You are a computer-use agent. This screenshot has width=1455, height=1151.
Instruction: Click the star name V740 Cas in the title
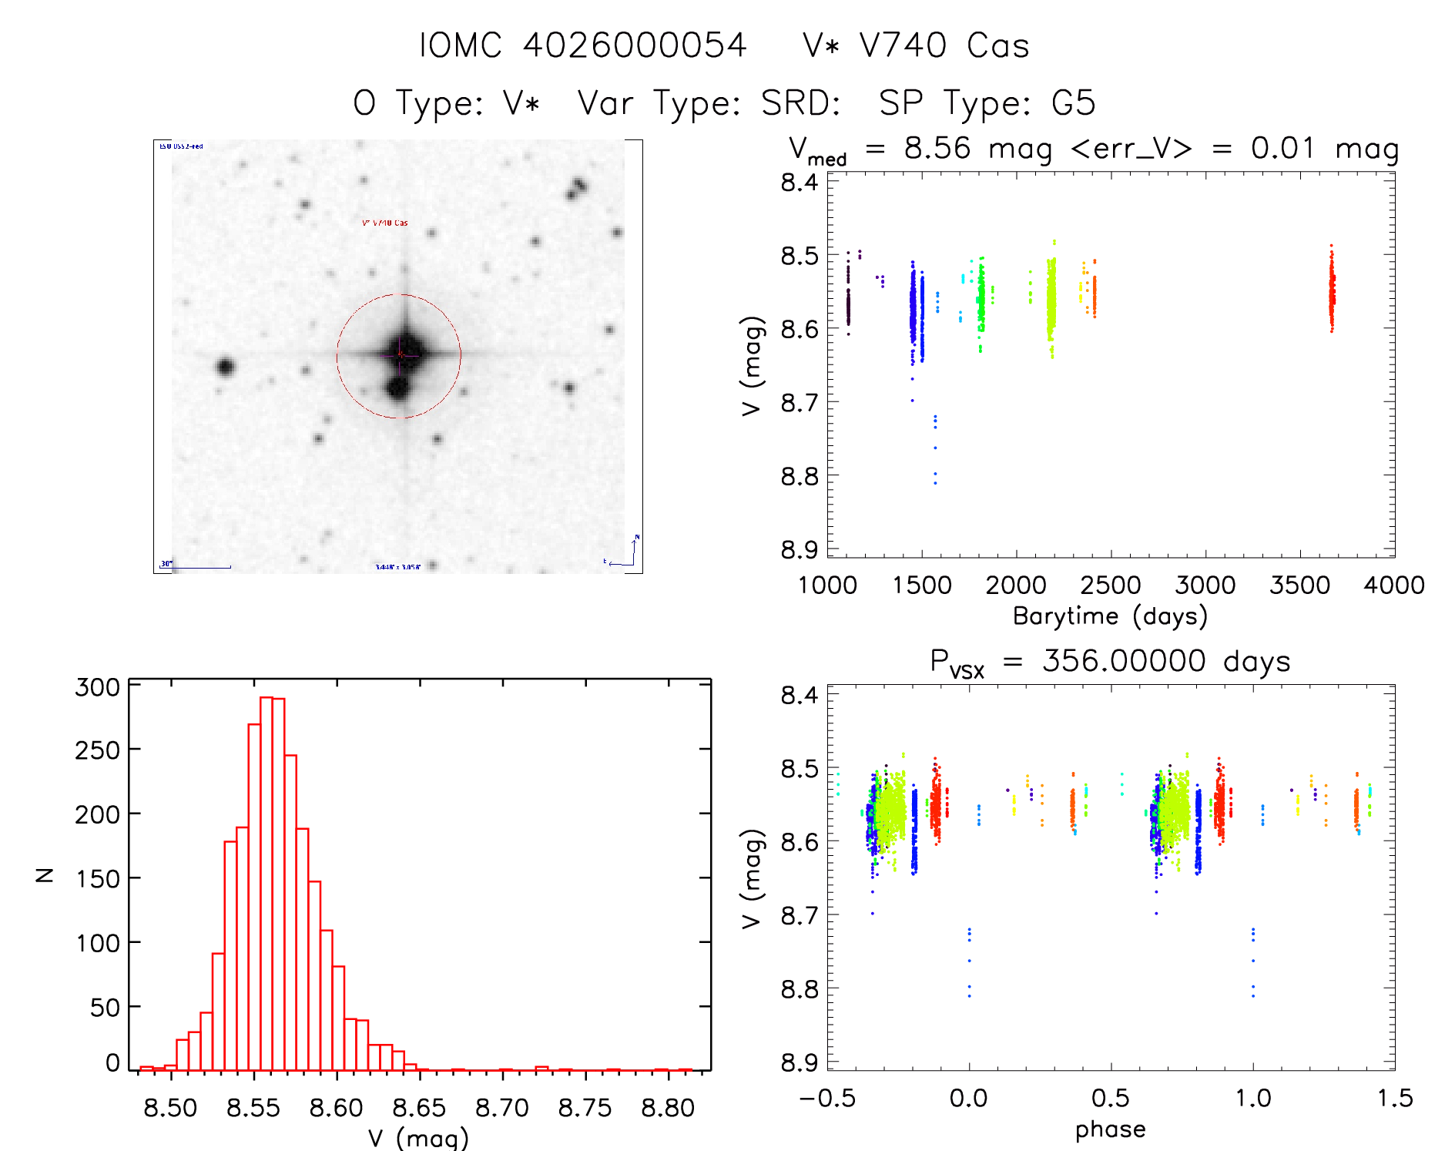[944, 45]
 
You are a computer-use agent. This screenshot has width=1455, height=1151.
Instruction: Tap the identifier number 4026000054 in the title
[635, 45]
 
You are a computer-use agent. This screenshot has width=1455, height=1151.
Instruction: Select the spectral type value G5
[1073, 103]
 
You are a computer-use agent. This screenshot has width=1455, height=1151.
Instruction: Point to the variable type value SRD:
[800, 103]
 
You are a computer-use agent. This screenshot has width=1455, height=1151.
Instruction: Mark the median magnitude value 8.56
[937, 148]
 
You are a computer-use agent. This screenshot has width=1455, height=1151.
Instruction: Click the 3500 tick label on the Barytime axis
[1299, 586]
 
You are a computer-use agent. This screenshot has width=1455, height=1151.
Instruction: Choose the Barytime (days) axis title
[1110, 616]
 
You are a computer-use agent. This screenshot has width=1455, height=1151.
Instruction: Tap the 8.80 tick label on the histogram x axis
[668, 1108]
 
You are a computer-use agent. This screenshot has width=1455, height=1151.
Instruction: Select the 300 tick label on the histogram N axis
[98, 686]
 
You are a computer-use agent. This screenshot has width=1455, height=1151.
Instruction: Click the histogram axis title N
[45, 875]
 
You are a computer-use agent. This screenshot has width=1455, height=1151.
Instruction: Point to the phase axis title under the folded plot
[1110, 1129]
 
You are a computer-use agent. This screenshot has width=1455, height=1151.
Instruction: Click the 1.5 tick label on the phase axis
[1395, 1098]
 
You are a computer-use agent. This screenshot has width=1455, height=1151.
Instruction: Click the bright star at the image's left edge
[225, 367]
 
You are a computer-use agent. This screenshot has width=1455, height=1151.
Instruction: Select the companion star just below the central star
[397, 387]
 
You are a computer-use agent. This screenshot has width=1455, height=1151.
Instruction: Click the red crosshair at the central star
[400, 354]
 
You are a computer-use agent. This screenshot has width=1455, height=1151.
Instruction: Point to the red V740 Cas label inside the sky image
[385, 223]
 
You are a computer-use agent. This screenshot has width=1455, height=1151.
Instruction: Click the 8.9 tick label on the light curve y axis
[800, 550]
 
